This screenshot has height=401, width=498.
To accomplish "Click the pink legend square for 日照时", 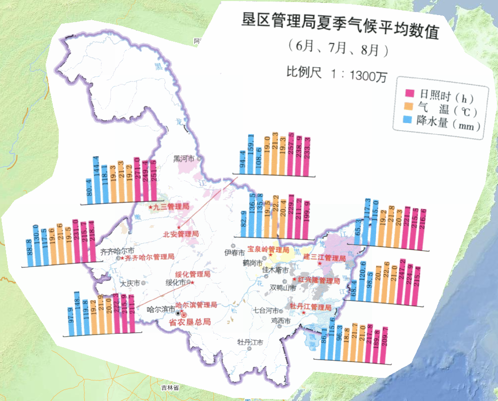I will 409,93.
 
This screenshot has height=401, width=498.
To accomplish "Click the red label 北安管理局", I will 181,234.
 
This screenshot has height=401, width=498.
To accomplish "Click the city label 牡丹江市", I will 251,342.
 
